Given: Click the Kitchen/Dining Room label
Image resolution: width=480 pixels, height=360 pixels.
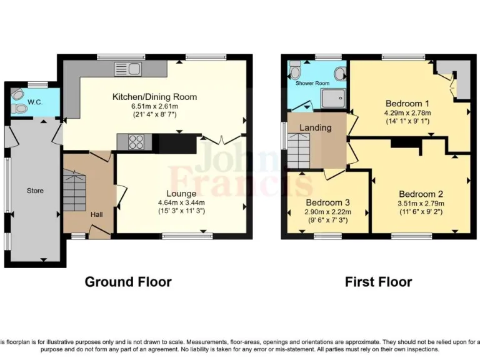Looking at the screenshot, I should pos(154,97).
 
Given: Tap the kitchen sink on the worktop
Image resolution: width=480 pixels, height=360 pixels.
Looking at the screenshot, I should pos(129,68).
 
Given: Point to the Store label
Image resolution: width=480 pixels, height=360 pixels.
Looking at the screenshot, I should pos(35,190).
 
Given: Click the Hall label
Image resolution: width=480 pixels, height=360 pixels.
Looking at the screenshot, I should pos(97,214).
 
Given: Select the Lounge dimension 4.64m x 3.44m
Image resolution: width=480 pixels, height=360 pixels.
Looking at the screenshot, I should pos(181,202).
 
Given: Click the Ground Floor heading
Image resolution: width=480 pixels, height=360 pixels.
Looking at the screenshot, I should pos(128,282).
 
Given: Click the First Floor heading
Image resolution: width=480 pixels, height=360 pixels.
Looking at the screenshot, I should pos(378,282).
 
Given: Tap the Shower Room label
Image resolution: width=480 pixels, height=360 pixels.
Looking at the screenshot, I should pos(312,82).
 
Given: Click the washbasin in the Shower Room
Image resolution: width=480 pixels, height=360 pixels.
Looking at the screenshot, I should pos(339,74).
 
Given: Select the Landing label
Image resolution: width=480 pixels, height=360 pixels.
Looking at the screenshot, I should pos(315,127).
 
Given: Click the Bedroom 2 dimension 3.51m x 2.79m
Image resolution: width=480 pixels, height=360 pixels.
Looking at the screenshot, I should pos(421,203).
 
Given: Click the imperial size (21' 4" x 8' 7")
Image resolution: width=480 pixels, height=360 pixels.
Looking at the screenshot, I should pos(154,114).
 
